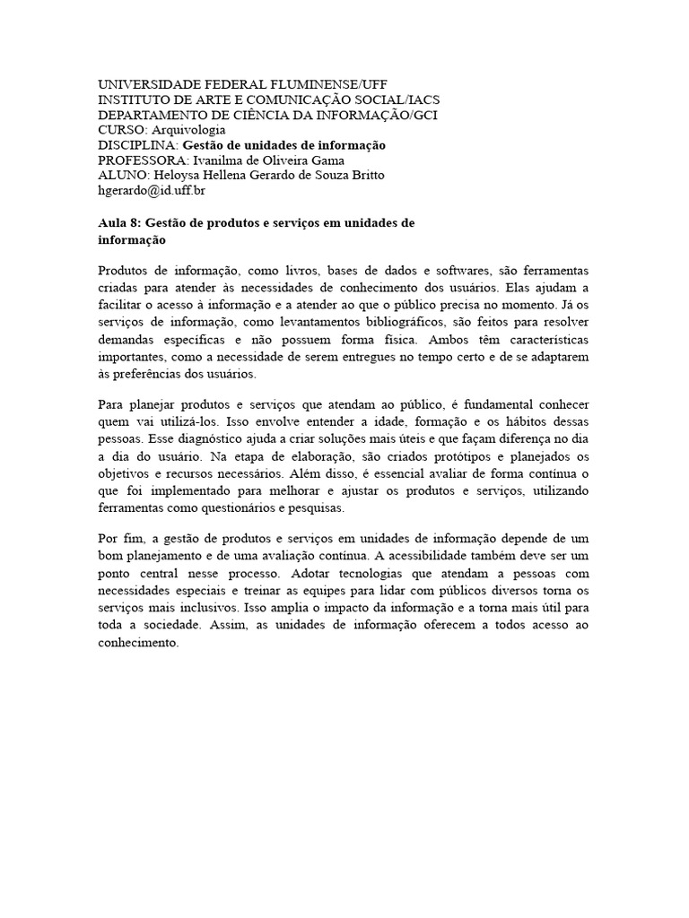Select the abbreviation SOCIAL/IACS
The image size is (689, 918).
[391, 99]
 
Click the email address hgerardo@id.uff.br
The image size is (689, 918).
[153, 190]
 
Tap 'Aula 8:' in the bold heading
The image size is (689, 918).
[119, 223]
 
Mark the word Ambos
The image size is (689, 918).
[450, 340]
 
